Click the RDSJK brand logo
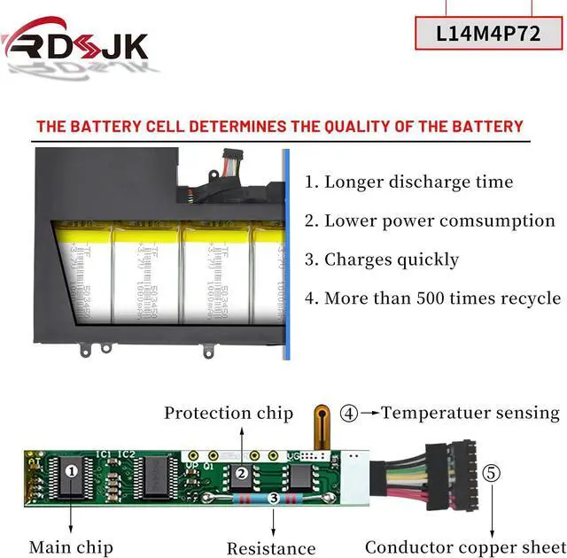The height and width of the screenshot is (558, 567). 76,43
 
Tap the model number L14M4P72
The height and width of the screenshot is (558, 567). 489,34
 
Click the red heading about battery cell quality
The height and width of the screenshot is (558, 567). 280,126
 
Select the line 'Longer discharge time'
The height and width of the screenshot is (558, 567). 408,182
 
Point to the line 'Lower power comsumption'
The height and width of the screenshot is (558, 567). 430,221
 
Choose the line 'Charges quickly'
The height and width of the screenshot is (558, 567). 382,260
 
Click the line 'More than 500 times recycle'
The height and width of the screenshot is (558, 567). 432,298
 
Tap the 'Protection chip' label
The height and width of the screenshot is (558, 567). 229,413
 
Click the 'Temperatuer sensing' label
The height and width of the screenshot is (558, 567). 470,413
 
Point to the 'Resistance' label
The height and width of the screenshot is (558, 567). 271,548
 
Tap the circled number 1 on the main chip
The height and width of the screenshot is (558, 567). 71,470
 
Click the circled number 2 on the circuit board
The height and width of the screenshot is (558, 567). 241,473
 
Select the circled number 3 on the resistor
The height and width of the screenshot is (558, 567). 274,500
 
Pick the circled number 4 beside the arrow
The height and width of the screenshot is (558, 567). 351,413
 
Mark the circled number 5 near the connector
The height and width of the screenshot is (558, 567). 493,472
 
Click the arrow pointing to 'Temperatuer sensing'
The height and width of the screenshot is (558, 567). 369,413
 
